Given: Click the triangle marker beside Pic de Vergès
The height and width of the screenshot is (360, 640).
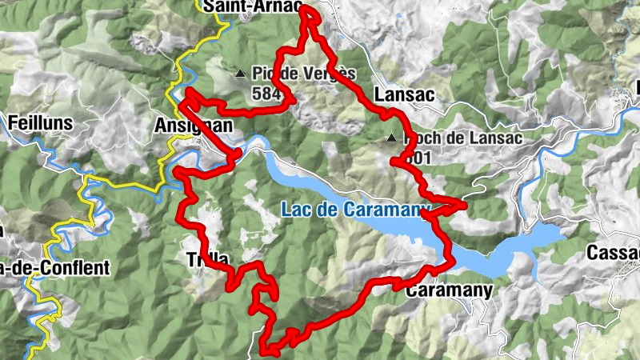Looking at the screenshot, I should tap(240, 74).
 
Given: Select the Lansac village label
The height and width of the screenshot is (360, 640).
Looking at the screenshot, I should tap(404, 94).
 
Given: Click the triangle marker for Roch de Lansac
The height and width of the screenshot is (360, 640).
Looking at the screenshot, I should tap(390, 138).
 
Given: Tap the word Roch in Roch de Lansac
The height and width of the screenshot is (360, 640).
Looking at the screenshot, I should tap(422, 138).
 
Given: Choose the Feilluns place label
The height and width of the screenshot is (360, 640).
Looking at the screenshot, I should tap(40, 123).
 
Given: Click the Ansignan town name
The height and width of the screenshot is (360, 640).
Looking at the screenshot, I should tap(193, 126).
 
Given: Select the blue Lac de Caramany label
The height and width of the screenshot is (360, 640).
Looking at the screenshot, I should tap(355, 210).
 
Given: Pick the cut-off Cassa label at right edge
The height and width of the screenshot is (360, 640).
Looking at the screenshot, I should tap(613, 252).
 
